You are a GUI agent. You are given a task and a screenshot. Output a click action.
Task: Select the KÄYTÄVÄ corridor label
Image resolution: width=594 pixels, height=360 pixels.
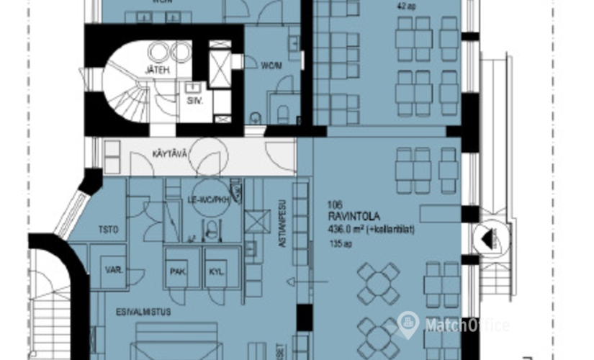pyautogui.click(x=169, y=154)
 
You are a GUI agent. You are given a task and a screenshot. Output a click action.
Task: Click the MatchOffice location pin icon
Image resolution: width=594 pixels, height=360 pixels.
pyautogui.click(x=408, y=324)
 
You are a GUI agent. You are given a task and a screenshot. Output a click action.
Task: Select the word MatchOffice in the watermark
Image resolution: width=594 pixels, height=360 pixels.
pyautogui.click(x=466, y=325)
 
